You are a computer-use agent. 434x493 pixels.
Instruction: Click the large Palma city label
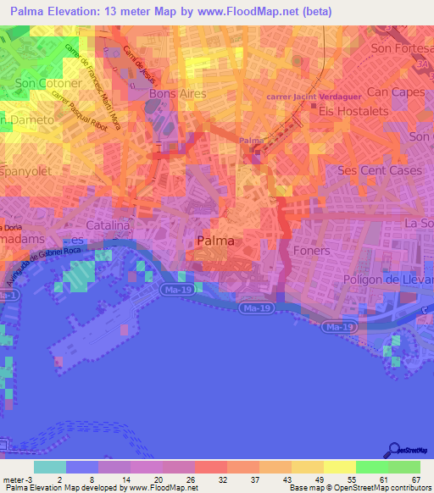(x=215, y=241)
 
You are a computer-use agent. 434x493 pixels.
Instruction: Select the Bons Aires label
(x=177, y=93)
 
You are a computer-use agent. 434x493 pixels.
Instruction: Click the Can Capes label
(x=394, y=91)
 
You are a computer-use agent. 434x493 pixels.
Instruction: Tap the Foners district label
(x=310, y=251)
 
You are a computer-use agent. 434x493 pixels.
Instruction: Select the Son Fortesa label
(x=402, y=49)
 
